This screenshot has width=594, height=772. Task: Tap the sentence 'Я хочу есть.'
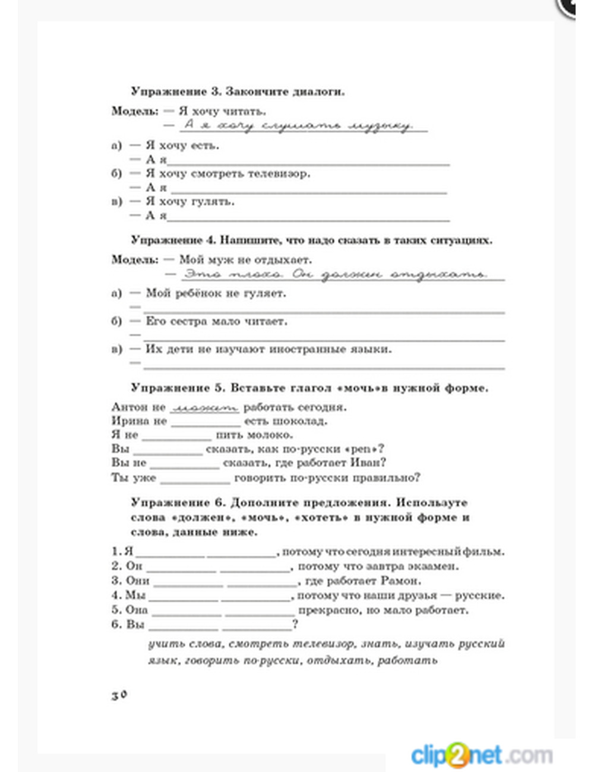pyautogui.click(x=182, y=145)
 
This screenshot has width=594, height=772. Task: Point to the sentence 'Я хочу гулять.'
pyautogui.click(x=190, y=202)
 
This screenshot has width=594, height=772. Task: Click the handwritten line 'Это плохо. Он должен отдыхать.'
pyautogui.click(x=336, y=274)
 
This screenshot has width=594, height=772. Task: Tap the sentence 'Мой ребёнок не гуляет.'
pyautogui.click(x=216, y=293)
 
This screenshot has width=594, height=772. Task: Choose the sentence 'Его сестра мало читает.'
pyautogui.click(x=216, y=321)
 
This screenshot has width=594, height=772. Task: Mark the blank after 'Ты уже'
pyautogui.click(x=195, y=479)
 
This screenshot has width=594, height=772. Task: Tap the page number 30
pyautogui.click(x=119, y=695)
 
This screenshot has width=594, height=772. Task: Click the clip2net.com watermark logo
pyautogui.click(x=482, y=755)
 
